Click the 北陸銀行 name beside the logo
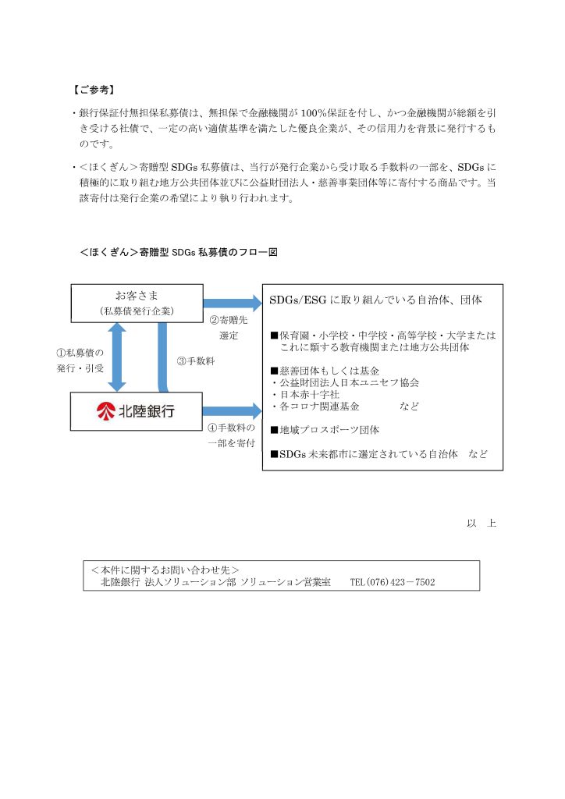pos(147,411)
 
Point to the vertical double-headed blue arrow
pos(117,357)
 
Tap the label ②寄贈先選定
pos(228,327)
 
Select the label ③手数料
pos(196,360)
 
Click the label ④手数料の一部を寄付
pos(231,435)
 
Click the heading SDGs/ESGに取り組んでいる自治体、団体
pos(375,300)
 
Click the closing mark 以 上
pos(481,523)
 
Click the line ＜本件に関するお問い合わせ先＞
pos(165,570)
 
